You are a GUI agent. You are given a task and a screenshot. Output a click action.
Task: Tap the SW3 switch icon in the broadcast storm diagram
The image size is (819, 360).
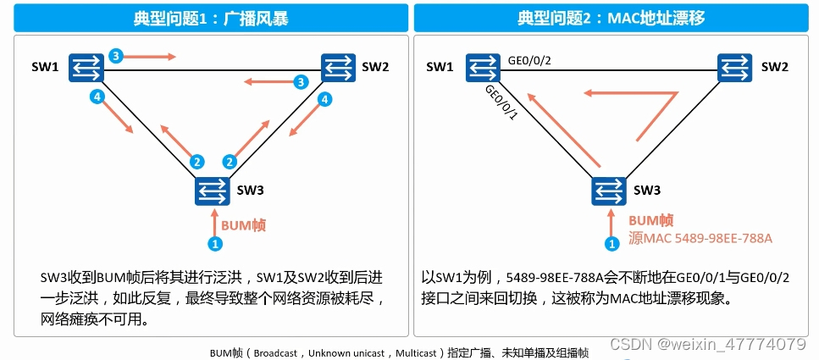[211, 191]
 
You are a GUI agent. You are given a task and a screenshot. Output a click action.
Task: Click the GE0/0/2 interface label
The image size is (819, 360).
[528, 61]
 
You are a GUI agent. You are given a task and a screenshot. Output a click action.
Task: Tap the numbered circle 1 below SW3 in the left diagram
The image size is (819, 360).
[215, 244]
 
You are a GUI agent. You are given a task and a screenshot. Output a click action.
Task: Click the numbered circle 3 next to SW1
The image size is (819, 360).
[116, 56]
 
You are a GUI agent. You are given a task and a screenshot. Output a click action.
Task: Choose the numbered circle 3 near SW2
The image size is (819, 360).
[299, 82]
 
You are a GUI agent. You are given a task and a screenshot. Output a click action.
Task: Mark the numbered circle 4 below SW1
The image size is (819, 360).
[98, 98]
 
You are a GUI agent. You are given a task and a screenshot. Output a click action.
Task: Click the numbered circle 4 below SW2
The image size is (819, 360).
[323, 99]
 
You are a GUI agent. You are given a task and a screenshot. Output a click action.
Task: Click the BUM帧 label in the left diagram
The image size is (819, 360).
[244, 225]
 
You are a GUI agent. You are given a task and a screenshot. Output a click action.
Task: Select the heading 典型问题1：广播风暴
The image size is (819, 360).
[210, 18]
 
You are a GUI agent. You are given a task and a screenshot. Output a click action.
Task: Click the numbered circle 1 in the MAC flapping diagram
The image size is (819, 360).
[611, 244]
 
